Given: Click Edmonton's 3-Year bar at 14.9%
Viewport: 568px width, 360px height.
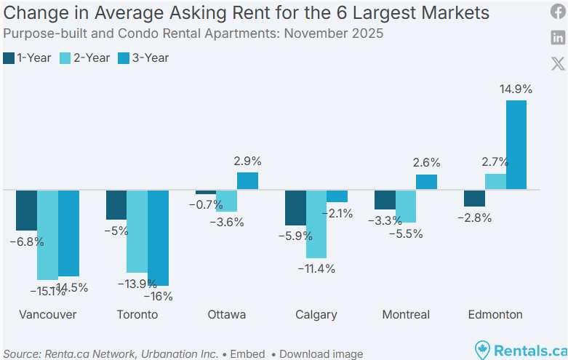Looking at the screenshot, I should [516, 145].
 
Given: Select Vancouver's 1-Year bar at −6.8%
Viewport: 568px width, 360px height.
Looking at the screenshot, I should [27, 210].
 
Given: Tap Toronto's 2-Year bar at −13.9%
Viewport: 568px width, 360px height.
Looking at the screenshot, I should [137, 231].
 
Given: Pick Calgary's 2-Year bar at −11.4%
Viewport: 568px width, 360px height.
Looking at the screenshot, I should [316, 224].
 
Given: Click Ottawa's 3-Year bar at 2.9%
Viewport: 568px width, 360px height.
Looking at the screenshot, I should [247, 181].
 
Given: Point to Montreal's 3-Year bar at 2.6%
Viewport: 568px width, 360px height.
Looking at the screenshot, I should [427, 182].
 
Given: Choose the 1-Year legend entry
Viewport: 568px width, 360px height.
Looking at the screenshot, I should [27, 57].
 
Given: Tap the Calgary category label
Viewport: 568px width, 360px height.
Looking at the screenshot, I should [316, 314].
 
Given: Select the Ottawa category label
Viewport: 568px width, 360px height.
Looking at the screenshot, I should [227, 314].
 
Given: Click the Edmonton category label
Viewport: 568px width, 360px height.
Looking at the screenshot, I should [495, 314].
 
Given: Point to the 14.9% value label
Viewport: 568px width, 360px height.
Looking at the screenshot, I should [516, 89].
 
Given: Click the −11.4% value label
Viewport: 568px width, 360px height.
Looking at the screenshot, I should [316, 268].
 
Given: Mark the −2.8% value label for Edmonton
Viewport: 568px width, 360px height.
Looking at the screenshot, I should [474, 217].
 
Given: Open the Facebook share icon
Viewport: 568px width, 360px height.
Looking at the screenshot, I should [558, 12].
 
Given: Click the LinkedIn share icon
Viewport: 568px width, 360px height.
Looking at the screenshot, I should [558, 38].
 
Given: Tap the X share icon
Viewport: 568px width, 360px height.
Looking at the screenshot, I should [558, 63].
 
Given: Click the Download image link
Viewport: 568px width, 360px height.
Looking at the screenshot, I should [321, 354].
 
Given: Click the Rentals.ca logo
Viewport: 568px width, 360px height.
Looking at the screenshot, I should [520, 350].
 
